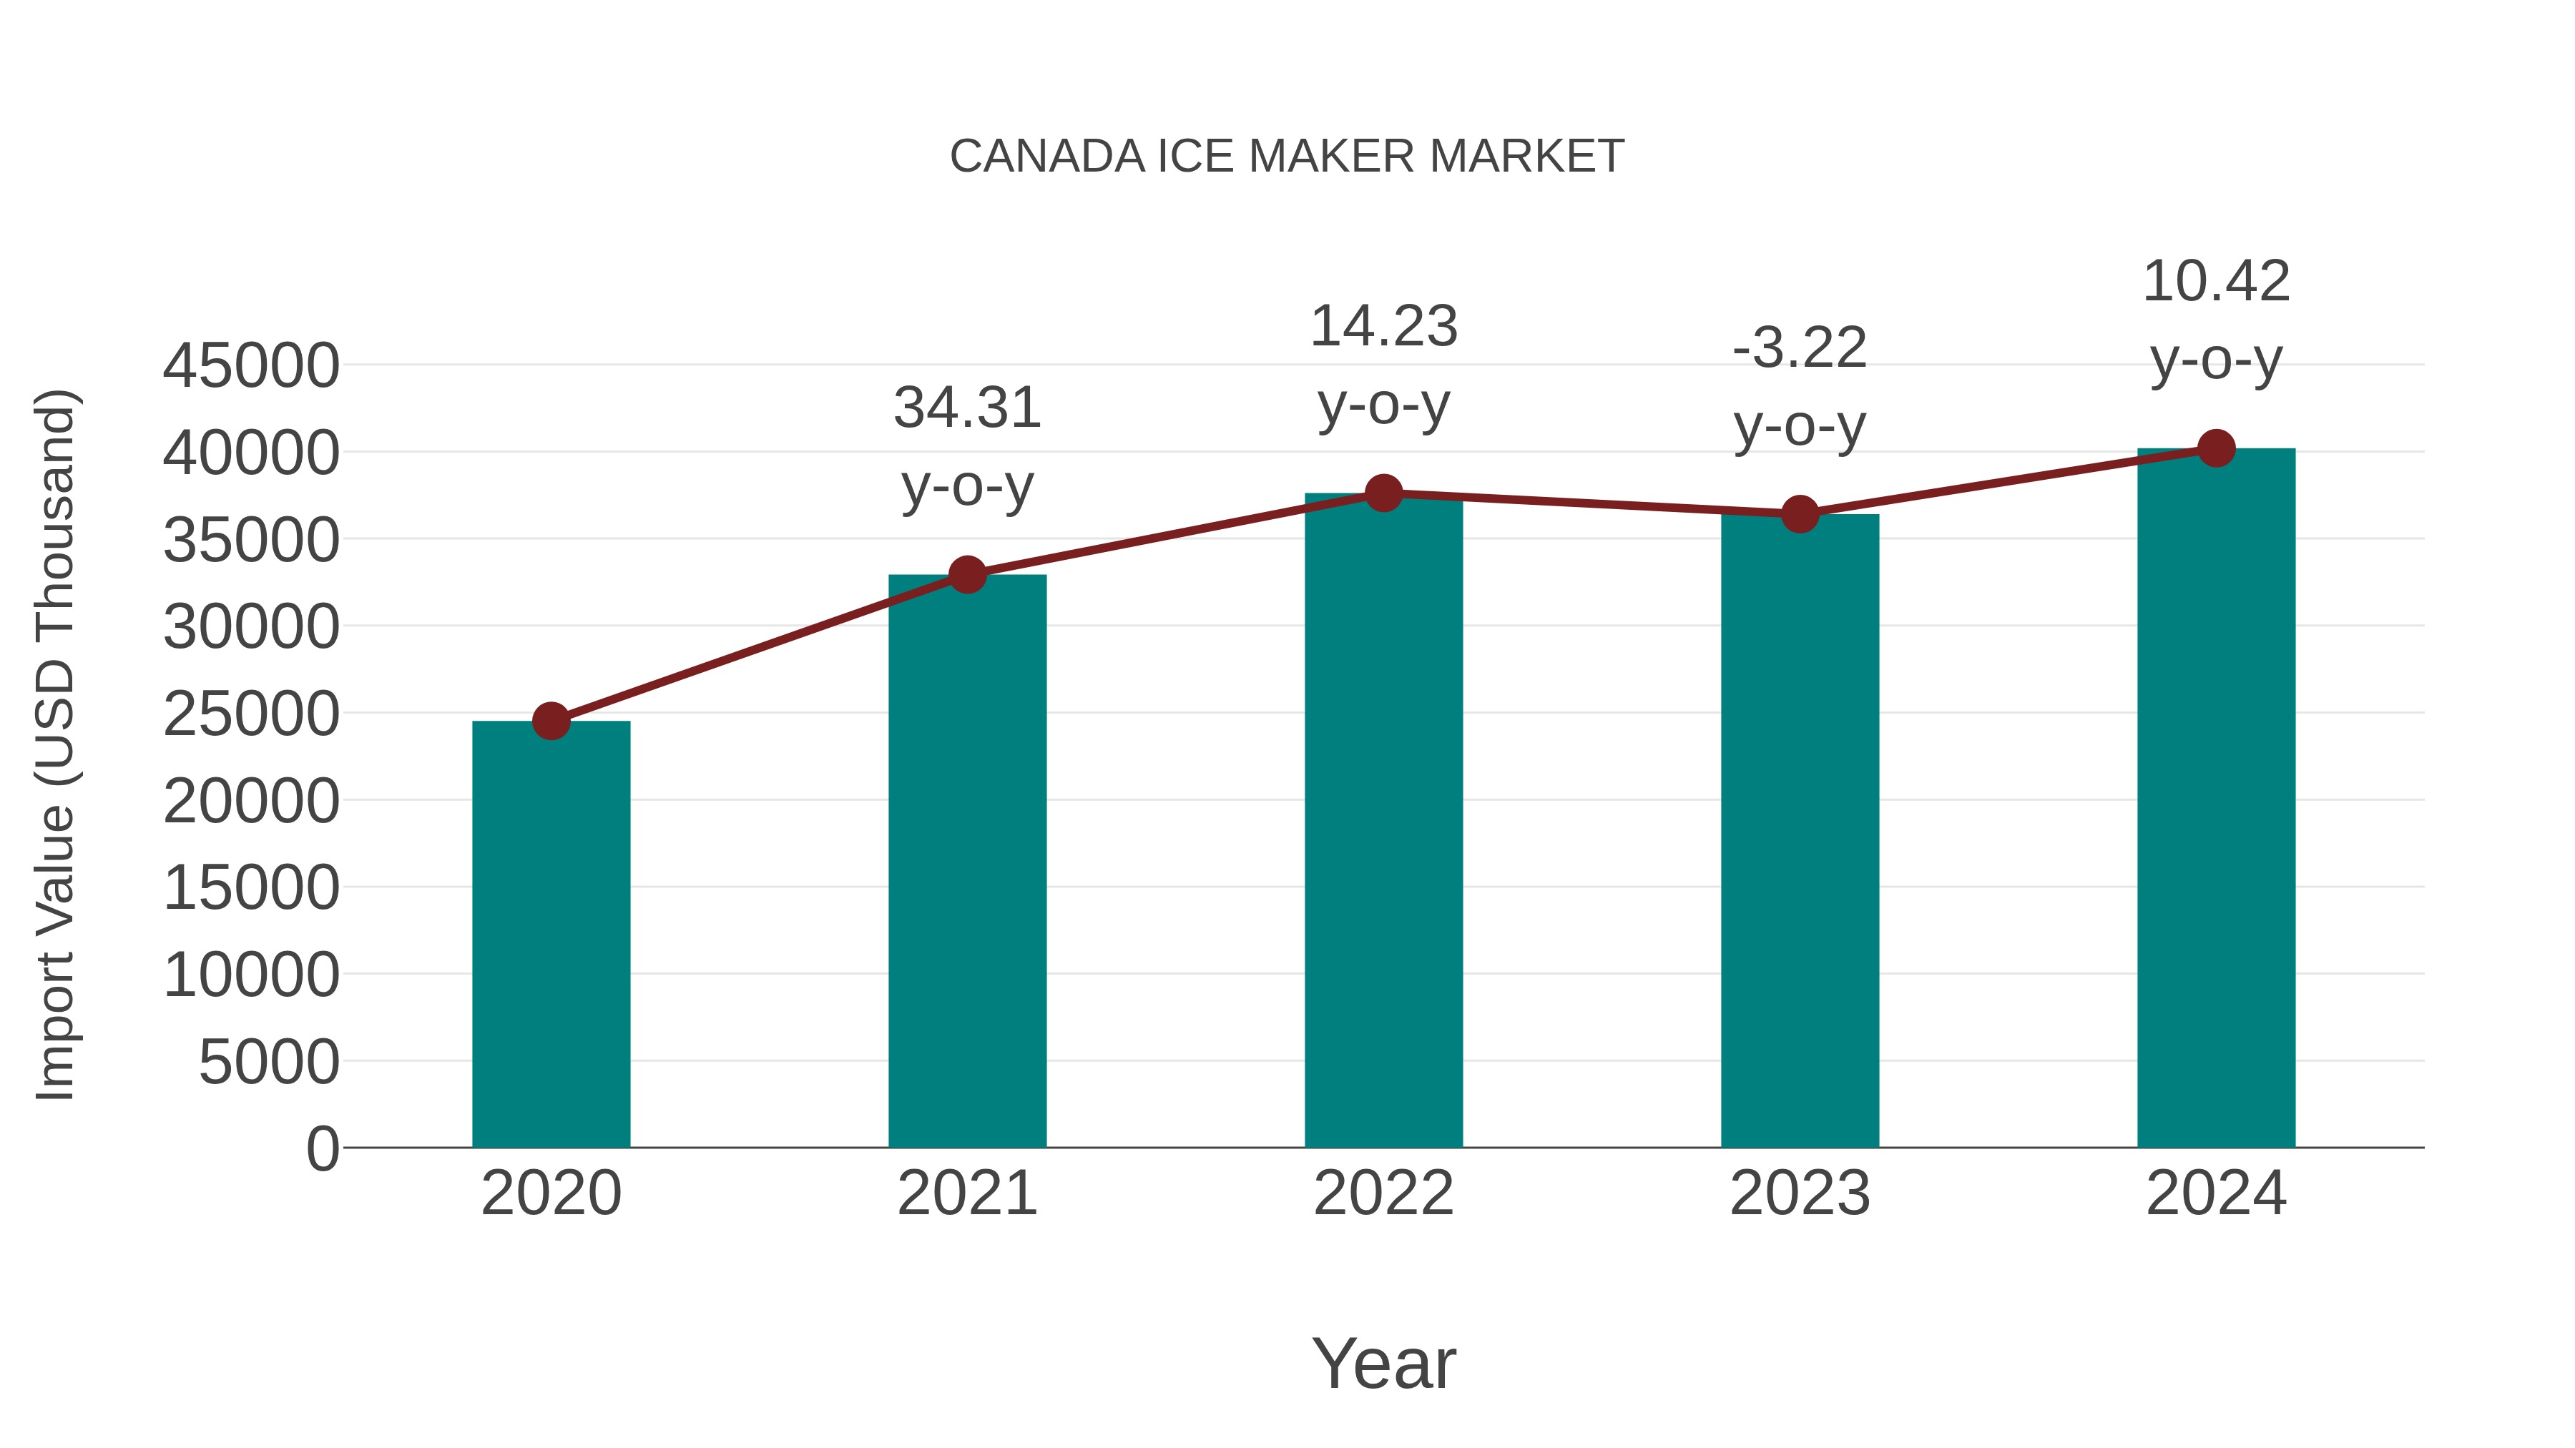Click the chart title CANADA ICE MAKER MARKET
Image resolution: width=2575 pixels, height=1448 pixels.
pyautogui.click(x=1287, y=157)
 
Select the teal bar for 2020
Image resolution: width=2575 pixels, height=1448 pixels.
pyautogui.click(x=551, y=935)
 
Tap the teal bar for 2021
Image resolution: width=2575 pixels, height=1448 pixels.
pyautogui.click(x=966, y=860)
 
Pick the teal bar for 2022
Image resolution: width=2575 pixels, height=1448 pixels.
pyautogui.click(x=1383, y=820)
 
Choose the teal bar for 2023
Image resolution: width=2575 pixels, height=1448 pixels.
pyautogui.click(x=1800, y=830)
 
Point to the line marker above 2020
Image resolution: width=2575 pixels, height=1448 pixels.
pyautogui.click(x=551, y=721)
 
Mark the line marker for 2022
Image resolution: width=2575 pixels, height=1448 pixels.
pyautogui.click(x=1383, y=493)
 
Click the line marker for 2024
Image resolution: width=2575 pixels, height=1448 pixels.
pyautogui.click(x=2216, y=448)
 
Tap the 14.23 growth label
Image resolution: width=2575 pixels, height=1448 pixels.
pyautogui.click(x=1383, y=327)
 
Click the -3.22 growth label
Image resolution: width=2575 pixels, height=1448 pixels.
pyautogui.click(x=1800, y=349)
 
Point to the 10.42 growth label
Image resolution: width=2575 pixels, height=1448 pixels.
pyautogui.click(x=2216, y=282)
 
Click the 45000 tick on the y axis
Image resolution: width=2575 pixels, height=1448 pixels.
pyautogui.click(x=251, y=365)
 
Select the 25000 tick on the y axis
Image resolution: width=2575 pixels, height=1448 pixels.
pyautogui.click(x=251, y=714)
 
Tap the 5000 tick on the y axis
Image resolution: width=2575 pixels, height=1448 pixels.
pyautogui.click(x=269, y=1061)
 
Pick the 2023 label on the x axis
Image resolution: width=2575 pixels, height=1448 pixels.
pyautogui.click(x=1800, y=1193)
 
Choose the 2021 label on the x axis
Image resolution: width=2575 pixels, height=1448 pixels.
pyautogui.click(x=966, y=1193)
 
